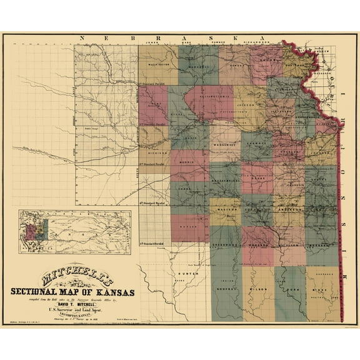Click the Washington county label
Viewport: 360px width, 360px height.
point(158,64)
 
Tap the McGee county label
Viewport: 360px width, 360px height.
point(322,291)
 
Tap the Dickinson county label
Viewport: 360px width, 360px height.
point(154,152)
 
